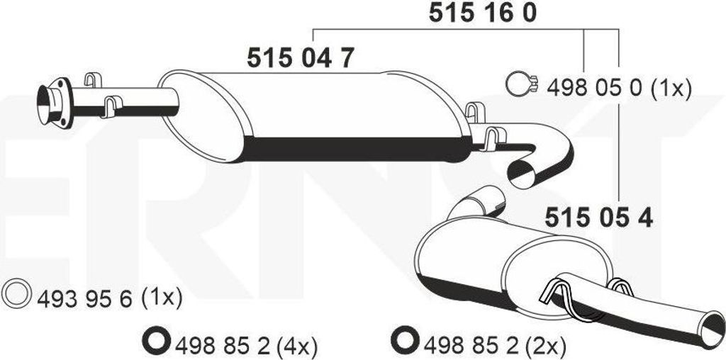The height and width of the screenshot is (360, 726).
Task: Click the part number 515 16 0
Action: click(x=482, y=13)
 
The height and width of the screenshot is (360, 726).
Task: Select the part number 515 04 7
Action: click(x=301, y=58)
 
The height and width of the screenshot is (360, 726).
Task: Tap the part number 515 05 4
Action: click(x=599, y=217)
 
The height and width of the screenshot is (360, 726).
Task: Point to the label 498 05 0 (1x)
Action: click(x=619, y=88)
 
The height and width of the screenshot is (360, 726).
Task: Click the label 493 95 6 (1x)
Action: click(x=110, y=299)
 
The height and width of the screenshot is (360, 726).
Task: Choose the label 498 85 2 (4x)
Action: click(x=245, y=344)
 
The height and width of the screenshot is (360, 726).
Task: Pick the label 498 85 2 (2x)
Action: click(x=494, y=344)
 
